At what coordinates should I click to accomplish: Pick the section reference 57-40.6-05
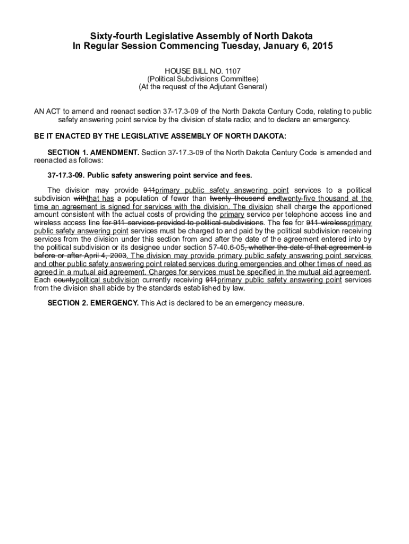click(x=223, y=248)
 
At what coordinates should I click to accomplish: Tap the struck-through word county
click(x=64, y=280)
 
